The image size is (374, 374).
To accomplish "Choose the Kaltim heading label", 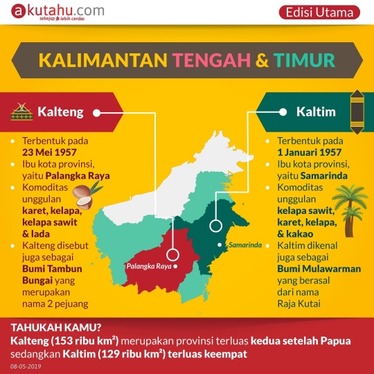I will pos(315,112).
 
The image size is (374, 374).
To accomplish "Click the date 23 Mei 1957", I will pos(49,152).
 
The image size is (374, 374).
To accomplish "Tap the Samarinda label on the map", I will pos(243,244).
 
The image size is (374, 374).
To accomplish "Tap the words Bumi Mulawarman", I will pos(310,269).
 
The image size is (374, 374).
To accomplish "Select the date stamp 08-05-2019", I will pos(26,365).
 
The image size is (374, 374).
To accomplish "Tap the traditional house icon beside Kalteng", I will pos(21,111).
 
